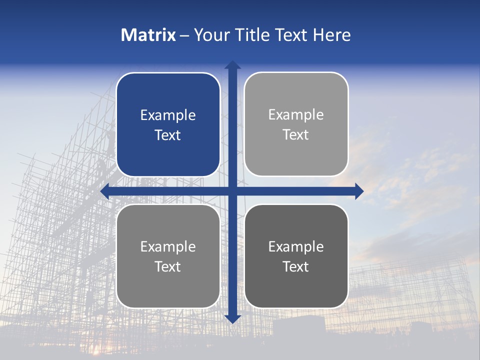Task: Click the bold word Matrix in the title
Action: pos(148,35)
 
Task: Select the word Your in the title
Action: pos(210,35)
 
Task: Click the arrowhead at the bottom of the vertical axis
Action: pos(232,318)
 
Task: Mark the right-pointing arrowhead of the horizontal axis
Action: pos(359,191)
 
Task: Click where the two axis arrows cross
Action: pos(232,191)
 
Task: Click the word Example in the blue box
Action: pos(168,115)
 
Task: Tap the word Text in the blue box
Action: pos(168,135)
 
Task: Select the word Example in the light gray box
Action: pos(296,115)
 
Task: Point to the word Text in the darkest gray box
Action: pos(296,266)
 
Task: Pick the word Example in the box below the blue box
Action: pos(168,246)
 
